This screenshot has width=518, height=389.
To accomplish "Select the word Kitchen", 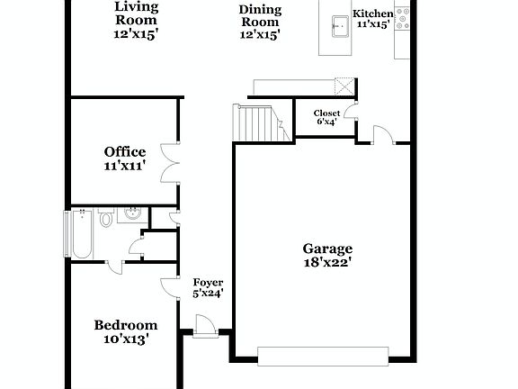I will [372, 14].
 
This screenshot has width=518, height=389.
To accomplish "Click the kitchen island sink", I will [340, 25].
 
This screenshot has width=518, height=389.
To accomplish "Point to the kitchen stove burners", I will [402, 15].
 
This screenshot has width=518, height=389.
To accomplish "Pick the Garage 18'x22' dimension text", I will [326, 263].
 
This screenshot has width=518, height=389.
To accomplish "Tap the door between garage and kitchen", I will [382, 135].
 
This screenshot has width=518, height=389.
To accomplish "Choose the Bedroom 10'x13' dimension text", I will [126, 339].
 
